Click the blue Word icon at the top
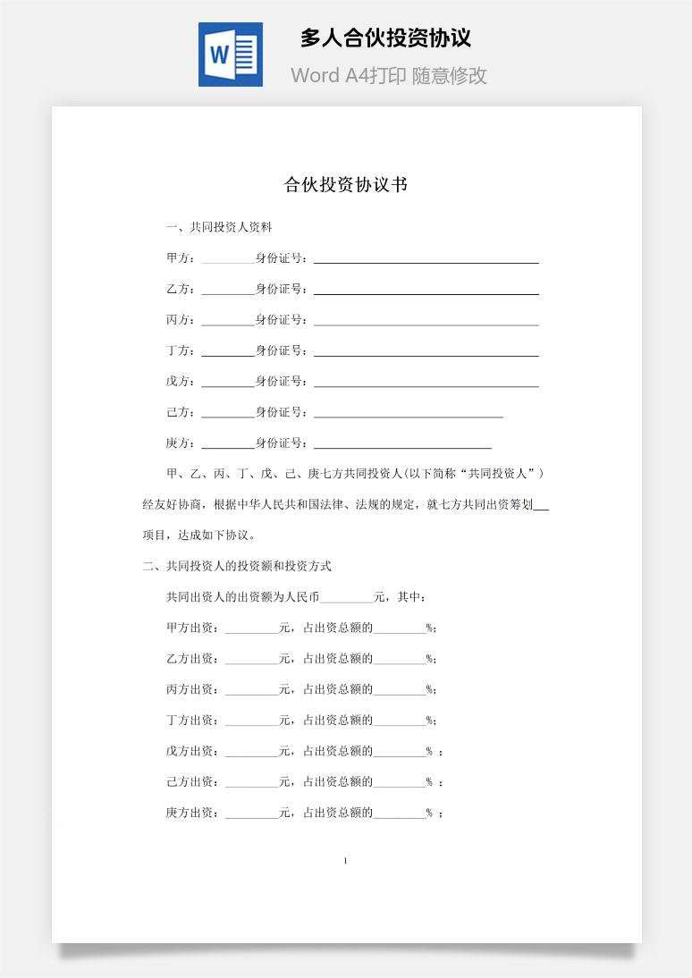coord(230,55)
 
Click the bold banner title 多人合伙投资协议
coord(385,38)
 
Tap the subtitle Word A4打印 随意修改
coord(389,76)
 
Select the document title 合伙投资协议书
coord(346,185)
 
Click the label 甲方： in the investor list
coord(181,258)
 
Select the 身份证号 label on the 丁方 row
coord(282,350)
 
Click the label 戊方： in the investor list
coord(181,381)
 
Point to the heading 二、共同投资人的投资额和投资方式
coord(237,566)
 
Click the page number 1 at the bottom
coord(345,861)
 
